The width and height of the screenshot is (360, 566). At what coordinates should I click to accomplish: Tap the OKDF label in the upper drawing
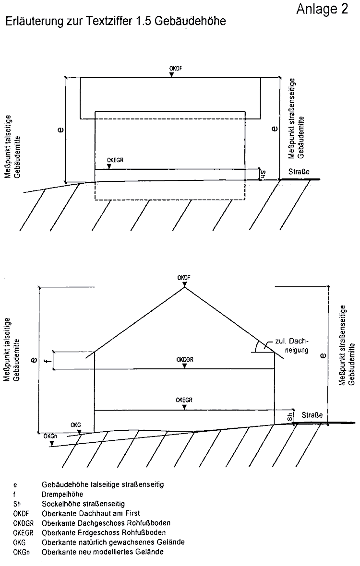176,69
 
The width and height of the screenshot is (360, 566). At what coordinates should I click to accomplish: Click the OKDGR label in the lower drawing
184,359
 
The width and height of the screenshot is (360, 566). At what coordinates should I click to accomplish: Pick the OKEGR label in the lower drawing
184,400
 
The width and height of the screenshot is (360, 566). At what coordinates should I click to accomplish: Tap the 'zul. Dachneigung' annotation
292,345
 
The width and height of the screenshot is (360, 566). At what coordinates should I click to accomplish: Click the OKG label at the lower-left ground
75,424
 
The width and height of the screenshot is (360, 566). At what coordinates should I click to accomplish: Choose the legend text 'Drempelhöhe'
63,494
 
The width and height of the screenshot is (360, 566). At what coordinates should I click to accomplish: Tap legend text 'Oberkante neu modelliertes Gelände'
103,552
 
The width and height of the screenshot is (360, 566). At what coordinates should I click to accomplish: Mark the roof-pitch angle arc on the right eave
257,347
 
